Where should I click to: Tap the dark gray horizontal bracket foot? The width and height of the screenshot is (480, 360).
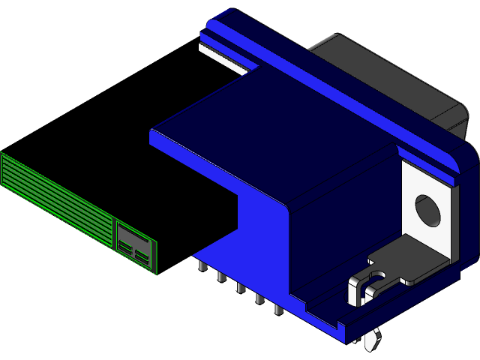point(409,259)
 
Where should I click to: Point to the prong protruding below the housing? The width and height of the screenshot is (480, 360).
point(372,341)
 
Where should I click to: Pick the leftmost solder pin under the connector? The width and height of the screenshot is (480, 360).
point(202,267)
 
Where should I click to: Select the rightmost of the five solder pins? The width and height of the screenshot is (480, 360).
point(277,308)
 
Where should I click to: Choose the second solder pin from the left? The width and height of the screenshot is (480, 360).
point(221,277)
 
